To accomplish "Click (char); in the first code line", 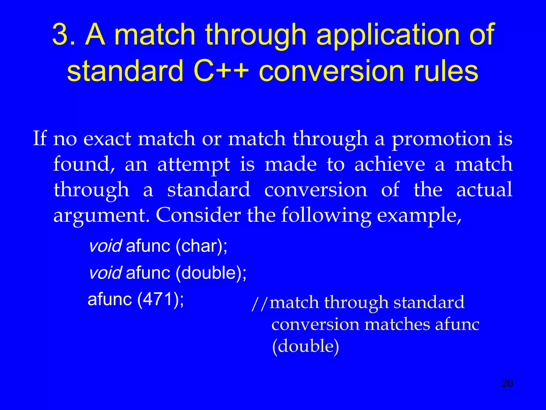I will click(x=201, y=246).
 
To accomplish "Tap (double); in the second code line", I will click(x=211, y=273).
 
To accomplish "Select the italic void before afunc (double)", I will click(x=105, y=273).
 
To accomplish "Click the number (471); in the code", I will click(x=160, y=299).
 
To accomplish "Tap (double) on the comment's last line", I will click(x=305, y=346).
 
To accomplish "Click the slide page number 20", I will click(x=507, y=383).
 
